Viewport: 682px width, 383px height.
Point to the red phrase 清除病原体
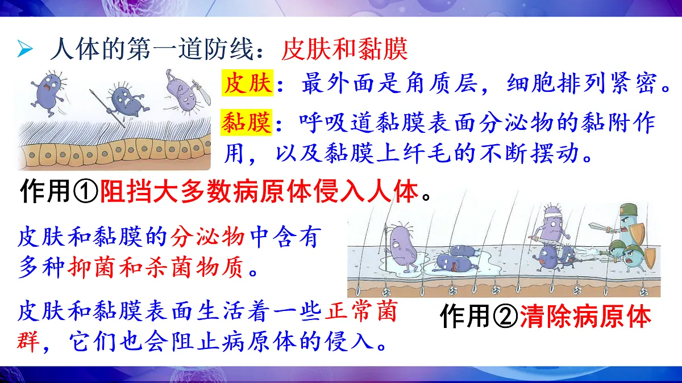point(585,317)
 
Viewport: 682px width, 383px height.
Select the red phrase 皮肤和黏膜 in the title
point(344,50)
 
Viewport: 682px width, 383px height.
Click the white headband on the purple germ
point(551,213)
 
